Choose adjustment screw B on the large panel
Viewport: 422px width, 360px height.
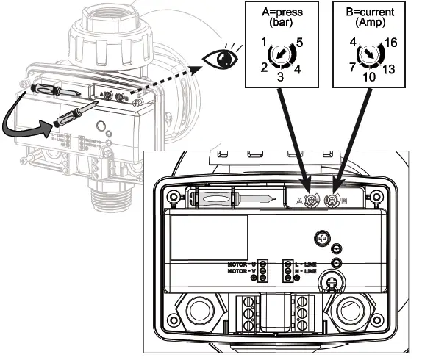(333, 200)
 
